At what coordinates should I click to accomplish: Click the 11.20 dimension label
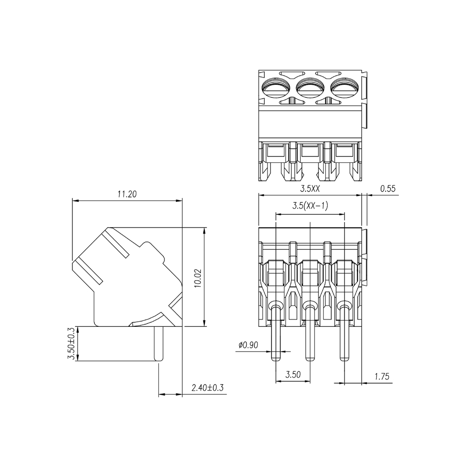tap(127, 194)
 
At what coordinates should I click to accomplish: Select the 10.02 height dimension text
tap(198, 278)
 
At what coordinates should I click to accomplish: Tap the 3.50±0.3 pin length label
tap(72, 344)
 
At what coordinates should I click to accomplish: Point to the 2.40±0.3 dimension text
tap(208, 388)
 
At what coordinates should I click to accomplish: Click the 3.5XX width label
tap(310, 189)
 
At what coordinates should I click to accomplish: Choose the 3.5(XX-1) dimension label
tap(310, 206)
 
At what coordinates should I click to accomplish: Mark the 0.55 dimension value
tap(388, 189)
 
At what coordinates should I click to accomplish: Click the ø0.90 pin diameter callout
tap(248, 345)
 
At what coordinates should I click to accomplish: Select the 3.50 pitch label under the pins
tap(293, 374)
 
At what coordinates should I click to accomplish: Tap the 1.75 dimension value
tap(382, 377)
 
